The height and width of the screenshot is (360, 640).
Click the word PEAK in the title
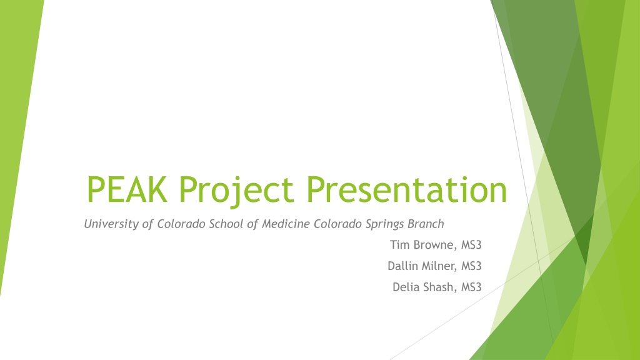click(127, 189)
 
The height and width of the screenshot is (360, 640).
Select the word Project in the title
click(237, 192)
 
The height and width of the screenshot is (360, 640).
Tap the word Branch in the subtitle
click(426, 224)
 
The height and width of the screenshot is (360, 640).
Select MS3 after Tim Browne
click(471, 245)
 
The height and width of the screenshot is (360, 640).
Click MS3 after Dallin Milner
click(471, 266)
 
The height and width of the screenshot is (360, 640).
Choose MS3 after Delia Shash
click(471, 287)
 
